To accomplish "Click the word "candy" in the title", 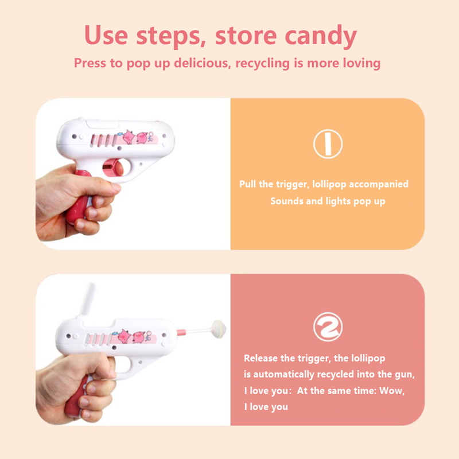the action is click(x=321, y=36).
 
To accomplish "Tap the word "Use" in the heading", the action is click(x=106, y=35).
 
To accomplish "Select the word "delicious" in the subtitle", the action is click(x=201, y=63).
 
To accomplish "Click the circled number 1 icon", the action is click(x=328, y=144).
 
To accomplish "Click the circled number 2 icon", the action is click(x=328, y=326).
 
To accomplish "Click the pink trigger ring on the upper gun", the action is click(x=112, y=168).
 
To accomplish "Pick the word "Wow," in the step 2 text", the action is click(x=392, y=391).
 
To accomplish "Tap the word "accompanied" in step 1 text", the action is click(x=379, y=184).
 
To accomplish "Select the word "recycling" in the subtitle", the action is click(x=263, y=63).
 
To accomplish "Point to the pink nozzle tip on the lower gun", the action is click(x=181, y=333).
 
